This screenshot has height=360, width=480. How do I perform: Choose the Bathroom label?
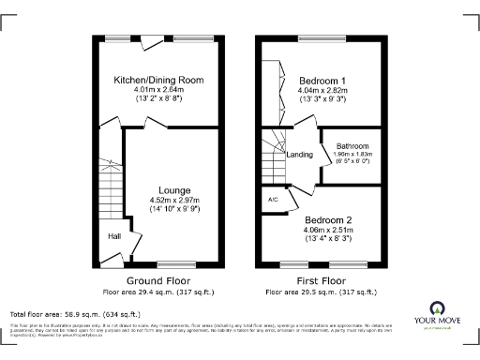tap(352, 146)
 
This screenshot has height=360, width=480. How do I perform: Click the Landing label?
tap(300, 155)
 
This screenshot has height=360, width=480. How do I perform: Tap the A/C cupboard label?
tap(272, 200)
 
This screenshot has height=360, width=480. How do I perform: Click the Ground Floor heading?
tap(157, 280)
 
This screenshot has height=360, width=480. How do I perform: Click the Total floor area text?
tap(75, 314)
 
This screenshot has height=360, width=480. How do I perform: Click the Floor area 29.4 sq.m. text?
tap(157, 291)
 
